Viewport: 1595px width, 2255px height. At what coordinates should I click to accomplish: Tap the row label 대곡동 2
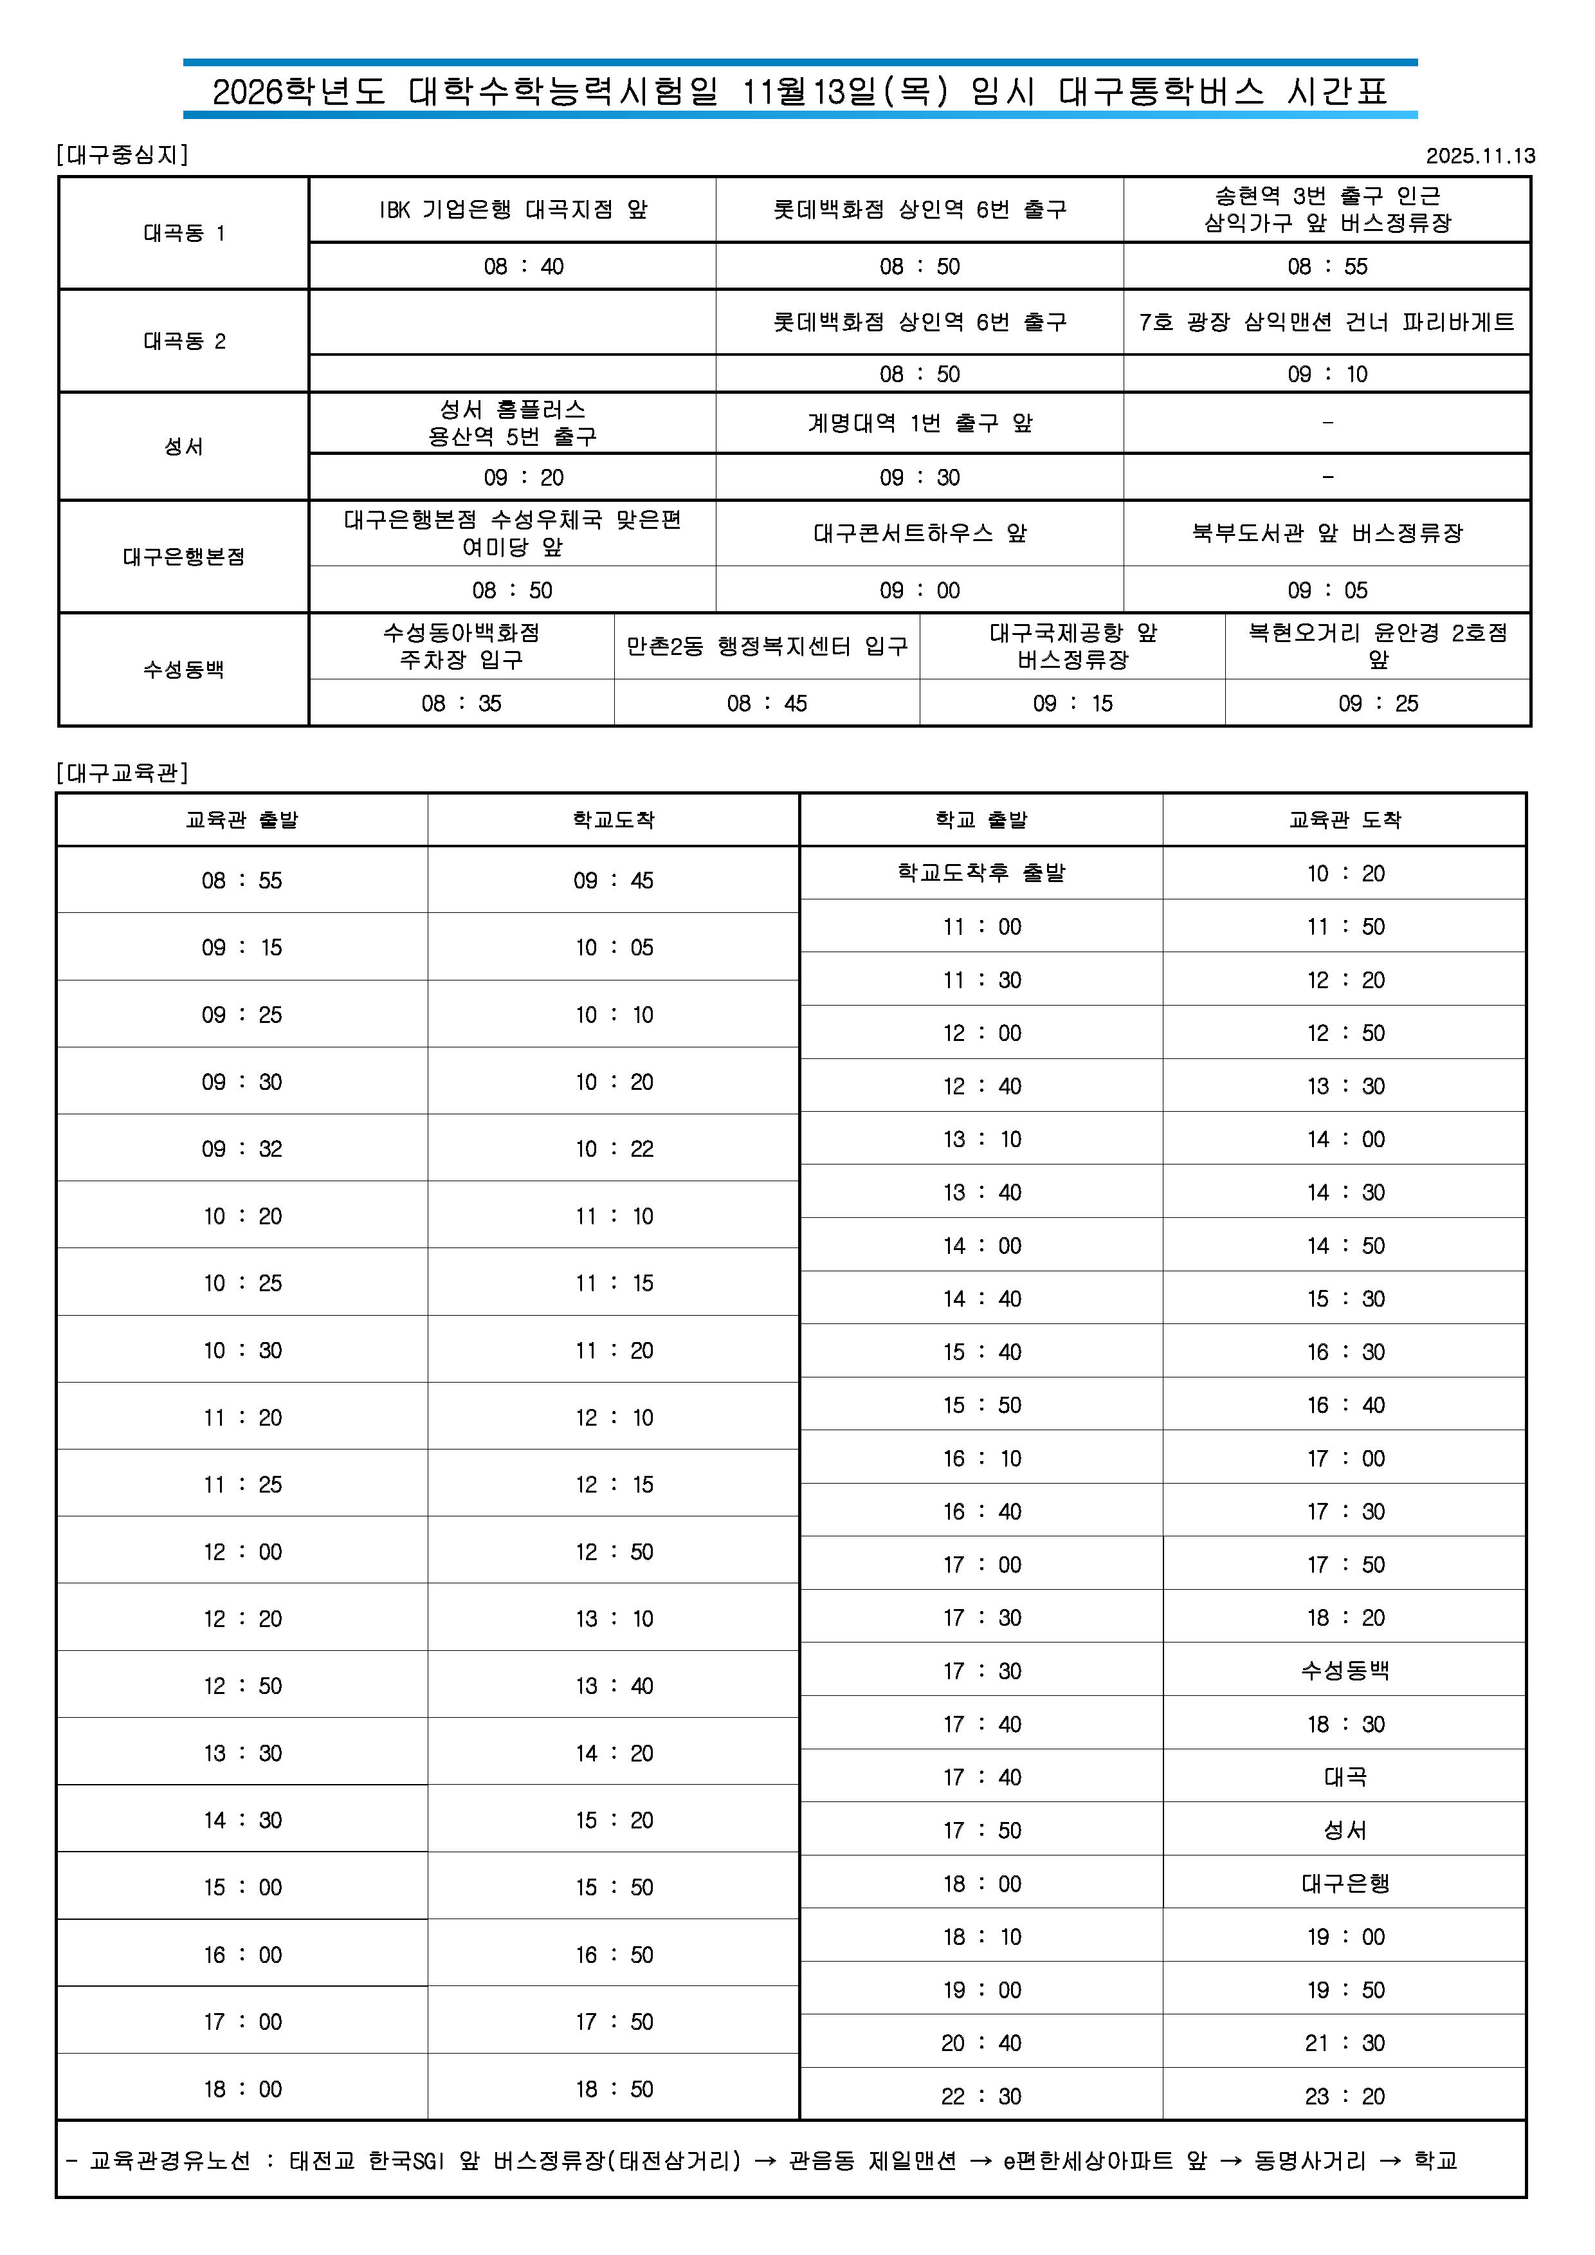coord(185,341)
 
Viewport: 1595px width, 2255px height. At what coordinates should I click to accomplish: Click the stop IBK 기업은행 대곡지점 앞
coord(513,209)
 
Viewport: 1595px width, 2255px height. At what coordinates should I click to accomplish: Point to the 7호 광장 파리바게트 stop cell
coord(1326,322)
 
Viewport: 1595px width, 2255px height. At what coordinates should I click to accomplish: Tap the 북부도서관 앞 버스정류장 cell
coord(1327,533)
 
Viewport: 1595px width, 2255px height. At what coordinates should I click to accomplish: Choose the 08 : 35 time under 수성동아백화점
coord(462,703)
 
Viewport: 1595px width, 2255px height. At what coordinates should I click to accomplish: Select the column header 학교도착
coord(614,820)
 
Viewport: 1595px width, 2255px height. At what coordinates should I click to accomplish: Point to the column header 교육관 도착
coord(1345,820)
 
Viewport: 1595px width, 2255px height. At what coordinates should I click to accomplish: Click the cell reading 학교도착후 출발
coord(981,872)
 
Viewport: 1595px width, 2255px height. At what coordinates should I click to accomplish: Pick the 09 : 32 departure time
coord(242,1148)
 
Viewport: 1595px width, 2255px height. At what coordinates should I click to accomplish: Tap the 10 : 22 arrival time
coord(614,1148)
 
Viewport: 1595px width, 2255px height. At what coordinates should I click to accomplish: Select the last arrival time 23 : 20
coord(1345,2096)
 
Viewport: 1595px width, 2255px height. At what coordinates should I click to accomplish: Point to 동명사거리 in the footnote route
coord(1310,2160)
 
